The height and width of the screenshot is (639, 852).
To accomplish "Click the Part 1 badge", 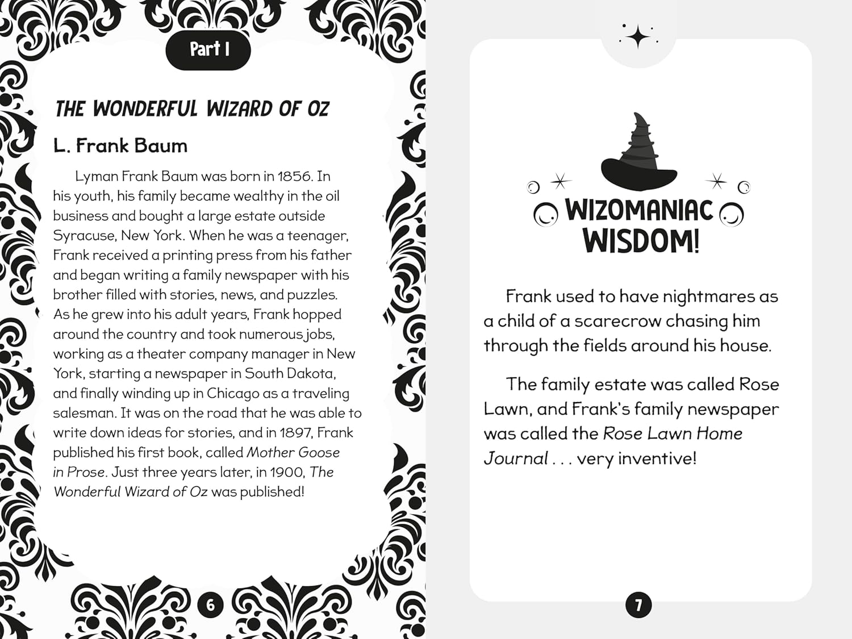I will tap(208, 50).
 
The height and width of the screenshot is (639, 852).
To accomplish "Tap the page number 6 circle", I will tap(210, 605).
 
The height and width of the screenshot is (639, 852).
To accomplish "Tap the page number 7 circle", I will tap(638, 605).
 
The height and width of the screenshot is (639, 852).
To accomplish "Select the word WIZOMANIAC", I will tap(639, 210).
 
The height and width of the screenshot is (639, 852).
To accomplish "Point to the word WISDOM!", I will tap(641, 241).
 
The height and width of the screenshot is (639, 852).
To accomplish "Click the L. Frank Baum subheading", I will tap(120, 146).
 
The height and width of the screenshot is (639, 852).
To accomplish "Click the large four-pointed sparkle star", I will tap(638, 37).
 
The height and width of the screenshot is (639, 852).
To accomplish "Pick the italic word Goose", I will tap(318, 453).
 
